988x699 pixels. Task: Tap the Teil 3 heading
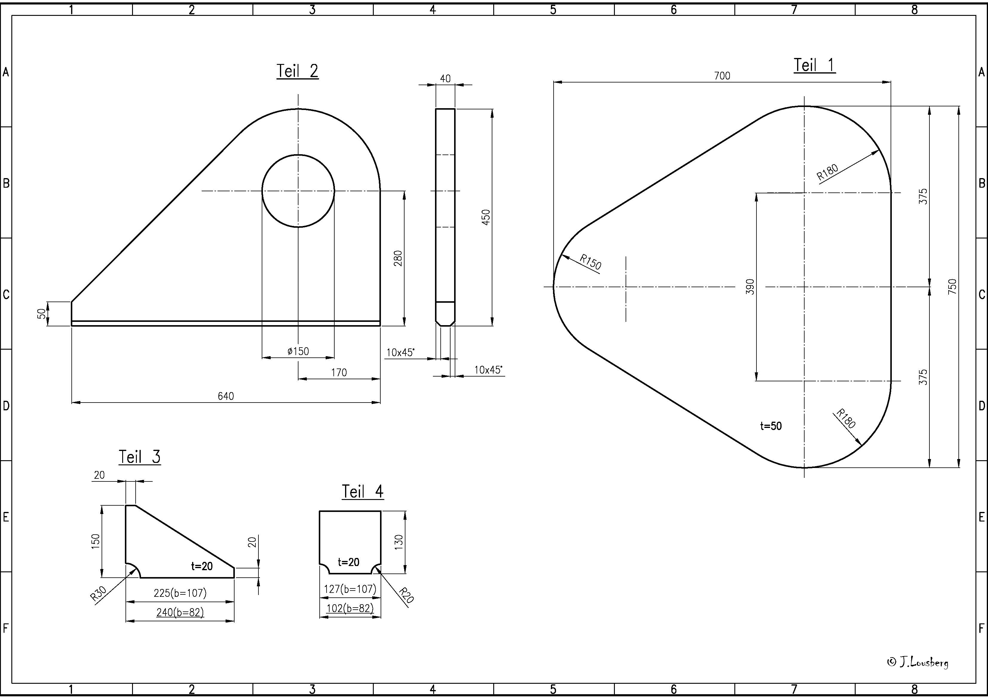point(140,457)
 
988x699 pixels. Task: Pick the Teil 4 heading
point(362,491)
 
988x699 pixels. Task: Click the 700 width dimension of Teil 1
point(722,76)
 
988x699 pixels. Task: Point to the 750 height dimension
point(952,287)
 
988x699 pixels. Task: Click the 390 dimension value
point(750,287)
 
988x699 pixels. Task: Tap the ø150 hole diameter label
point(298,351)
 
